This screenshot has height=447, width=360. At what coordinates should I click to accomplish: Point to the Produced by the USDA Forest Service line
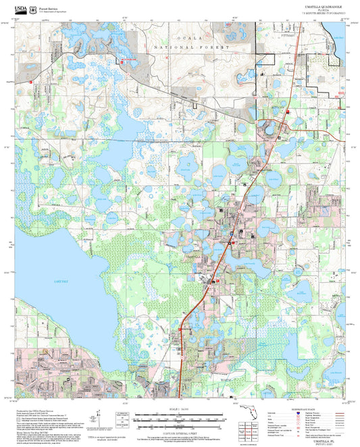[x=41, y=410]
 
